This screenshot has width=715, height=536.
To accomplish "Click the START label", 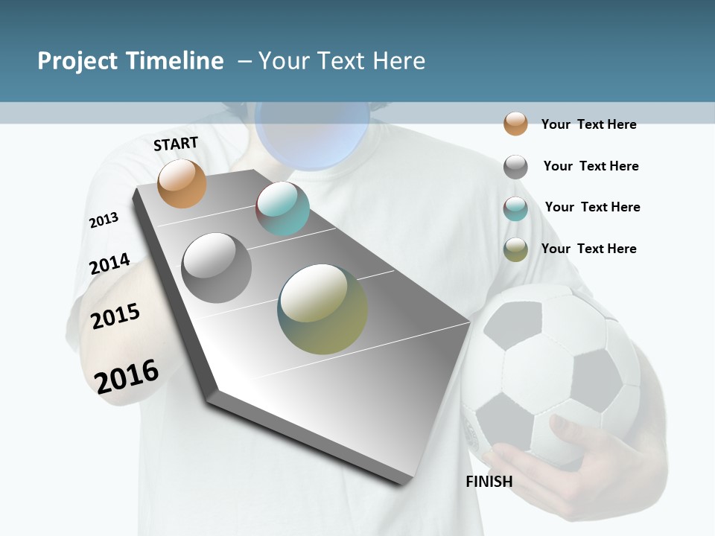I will tap(176, 144).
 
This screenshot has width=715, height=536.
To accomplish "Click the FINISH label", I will tap(489, 482).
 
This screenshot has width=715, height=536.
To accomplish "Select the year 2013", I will tap(104, 220).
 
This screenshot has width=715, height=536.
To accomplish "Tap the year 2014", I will tap(109, 264).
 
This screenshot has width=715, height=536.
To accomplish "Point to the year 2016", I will tap(127, 376).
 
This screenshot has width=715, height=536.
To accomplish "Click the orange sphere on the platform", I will tap(182, 183).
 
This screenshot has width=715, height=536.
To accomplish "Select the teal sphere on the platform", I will tap(282, 208).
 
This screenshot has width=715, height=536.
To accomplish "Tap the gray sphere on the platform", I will tap(216, 267).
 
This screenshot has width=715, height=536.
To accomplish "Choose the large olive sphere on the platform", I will tap(322, 309).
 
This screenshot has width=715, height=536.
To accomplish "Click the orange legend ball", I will tap(515, 124).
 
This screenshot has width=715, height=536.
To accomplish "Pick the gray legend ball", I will tap(515, 167).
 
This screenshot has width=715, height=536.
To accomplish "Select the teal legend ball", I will tap(515, 208).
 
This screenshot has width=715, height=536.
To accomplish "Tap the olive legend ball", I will tap(515, 249).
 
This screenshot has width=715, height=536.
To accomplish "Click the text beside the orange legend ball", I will tap(588, 124).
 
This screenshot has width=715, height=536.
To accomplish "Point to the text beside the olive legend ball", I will tap(588, 249).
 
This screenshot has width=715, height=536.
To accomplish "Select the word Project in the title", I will tap(77, 61).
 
